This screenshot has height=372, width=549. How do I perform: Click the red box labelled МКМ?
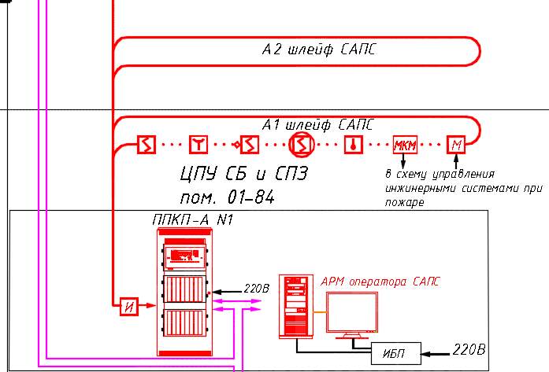click(405, 144)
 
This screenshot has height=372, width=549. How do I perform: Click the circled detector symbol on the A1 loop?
click(301, 145)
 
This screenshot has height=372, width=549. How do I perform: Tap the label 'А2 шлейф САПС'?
click(319, 50)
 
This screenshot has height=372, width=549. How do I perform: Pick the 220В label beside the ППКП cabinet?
click(257, 289)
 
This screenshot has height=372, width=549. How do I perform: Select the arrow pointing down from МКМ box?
click(402, 160)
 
